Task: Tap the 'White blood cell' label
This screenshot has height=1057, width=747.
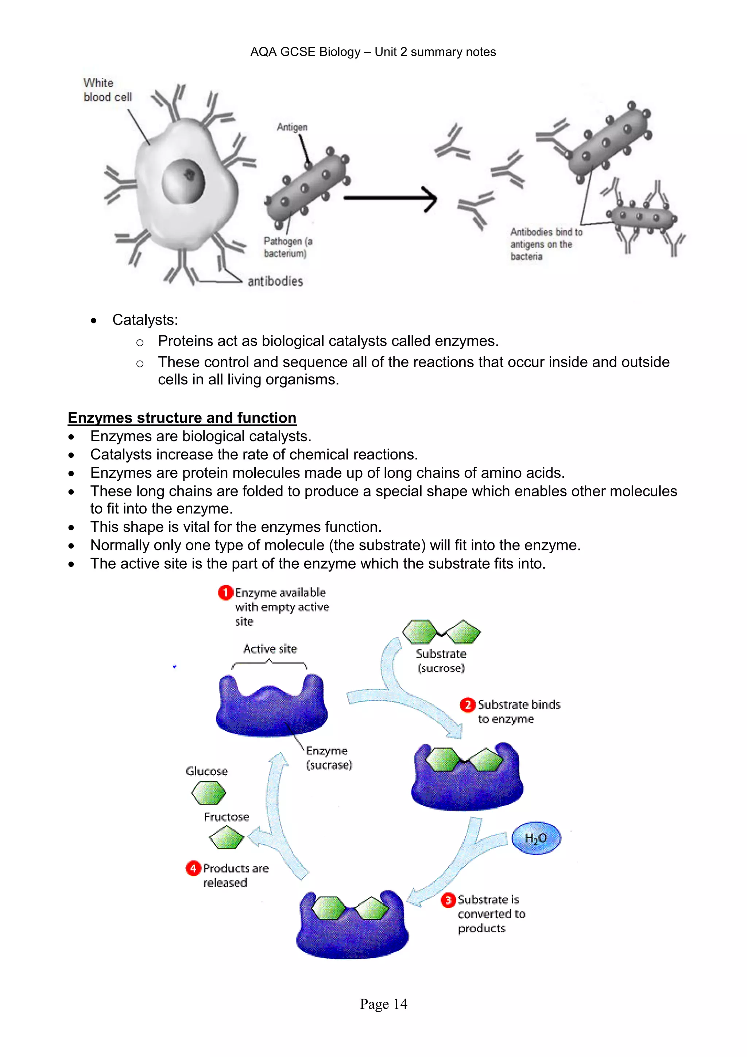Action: click(107, 90)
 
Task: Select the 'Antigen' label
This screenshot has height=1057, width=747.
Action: click(292, 127)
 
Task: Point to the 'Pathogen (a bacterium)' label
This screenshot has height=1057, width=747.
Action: click(287, 247)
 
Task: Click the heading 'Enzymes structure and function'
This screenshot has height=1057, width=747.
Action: click(182, 418)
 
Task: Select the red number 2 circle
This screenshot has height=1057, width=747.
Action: click(467, 705)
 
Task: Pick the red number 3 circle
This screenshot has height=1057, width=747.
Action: click(448, 900)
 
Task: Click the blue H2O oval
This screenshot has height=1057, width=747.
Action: click(536, 838)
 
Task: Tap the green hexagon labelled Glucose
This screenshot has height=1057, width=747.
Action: click(208, 793)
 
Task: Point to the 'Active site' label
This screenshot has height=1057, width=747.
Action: click(270, 649)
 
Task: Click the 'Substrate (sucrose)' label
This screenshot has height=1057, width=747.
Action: click(441, 661)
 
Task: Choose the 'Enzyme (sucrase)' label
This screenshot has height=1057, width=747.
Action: click(329, 758)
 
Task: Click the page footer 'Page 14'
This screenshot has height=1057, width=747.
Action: click(384, 1004)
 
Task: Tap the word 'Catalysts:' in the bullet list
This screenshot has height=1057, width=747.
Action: click(145, 320)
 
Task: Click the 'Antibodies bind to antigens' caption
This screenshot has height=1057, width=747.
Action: click(546, 244)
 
